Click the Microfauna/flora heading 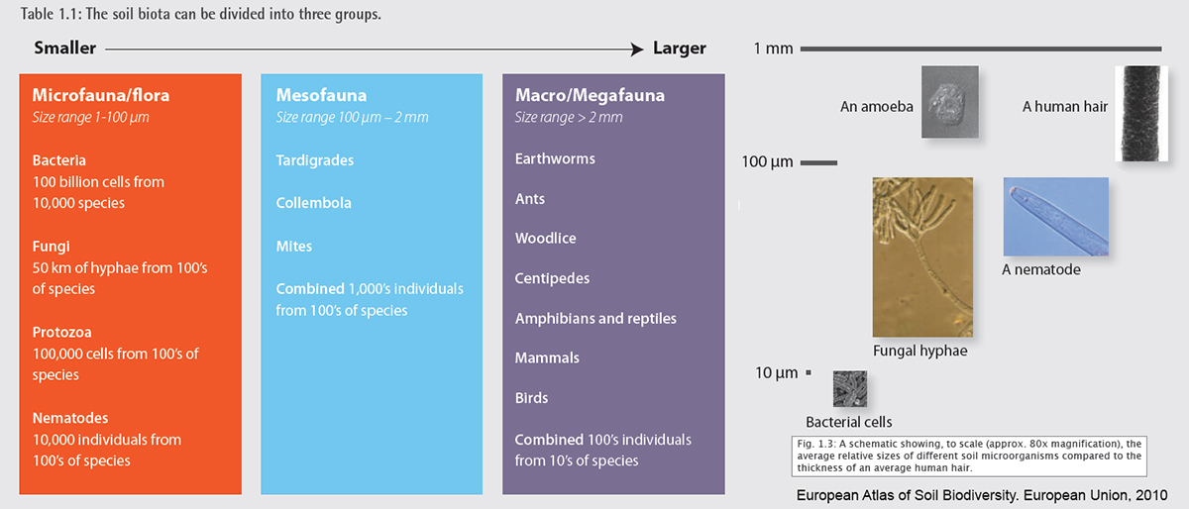tap(101, 95)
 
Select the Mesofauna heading tap(321, 95)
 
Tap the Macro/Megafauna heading tap(590, 95)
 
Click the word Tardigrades tap(315, 160)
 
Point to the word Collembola tap(314, 203)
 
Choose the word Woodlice tap(546, 238)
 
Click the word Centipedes tap(552, 278)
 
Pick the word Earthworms tap(555, 158)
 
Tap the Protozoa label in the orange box tap(62, 333)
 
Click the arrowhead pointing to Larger tap(637, 50)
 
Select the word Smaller tap(64, 48)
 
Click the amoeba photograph tap(949, 102)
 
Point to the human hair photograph tap(1141, 114)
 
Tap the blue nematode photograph tap(1056, 217)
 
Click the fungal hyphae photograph tap(922, 256)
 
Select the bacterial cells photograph tap(850, 389)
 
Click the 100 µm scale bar tap(818, 163)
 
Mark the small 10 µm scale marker tap(809, 372)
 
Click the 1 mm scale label tap(773, 49)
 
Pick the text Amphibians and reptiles tap(595, 319)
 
